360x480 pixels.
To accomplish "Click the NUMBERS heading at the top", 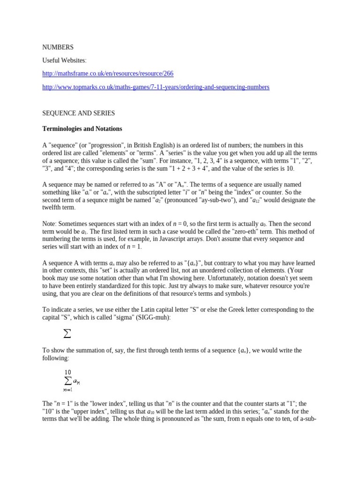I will tap(58, 47).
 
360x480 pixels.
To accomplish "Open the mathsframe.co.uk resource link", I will tap(108, 74).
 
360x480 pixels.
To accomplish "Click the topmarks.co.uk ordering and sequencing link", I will tap(156, 87).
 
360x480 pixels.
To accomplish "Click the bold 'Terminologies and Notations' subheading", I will tap(82, 128).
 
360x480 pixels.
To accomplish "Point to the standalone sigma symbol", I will tap(67, 334).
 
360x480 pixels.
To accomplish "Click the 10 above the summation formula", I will tap(68, 372).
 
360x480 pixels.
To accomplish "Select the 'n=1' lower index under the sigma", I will tap(67, 389).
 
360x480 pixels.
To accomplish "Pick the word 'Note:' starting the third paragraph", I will tap(51, 224).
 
